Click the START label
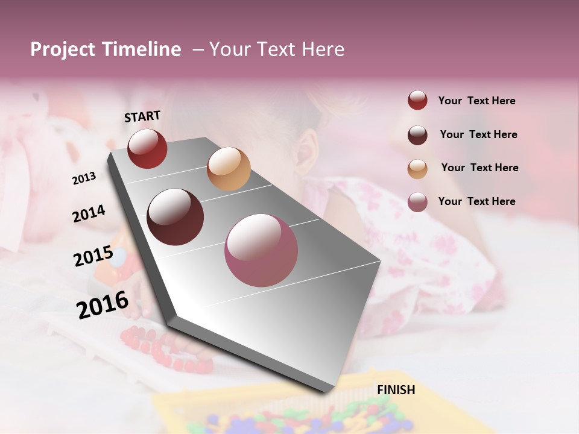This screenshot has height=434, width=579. click(x=142, y=116)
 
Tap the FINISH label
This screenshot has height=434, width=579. click(x=396, y=390)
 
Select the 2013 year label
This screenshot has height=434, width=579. click(x=84, y=178)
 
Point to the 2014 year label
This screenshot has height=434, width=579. click(x=89, y=214)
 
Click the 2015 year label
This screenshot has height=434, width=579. click(x=93, y=256)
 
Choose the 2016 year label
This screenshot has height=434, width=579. click(x=103, y=304)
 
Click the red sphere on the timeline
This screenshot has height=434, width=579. click(x=147, y=148)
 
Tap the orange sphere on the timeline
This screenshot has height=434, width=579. click(x=229, y=169)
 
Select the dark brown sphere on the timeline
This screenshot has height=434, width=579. click(x=175, y=217)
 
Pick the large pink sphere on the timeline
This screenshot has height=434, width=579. click(x=261, y=250)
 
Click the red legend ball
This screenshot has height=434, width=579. click(x=417, y=101)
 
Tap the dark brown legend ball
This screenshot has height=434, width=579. click(x=417, y=135)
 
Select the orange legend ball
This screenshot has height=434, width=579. click(x=417, y=169)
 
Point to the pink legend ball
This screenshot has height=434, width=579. click(x=417, y=202)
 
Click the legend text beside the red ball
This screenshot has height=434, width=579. click(x=476, y=101)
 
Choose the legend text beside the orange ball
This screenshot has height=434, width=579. click(x=479, y=168)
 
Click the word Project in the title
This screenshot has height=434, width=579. click(x=63, y=49)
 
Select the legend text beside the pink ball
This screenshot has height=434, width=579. click(x=476, y=201)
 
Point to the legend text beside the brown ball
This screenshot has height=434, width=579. click(x=478, y=134)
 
